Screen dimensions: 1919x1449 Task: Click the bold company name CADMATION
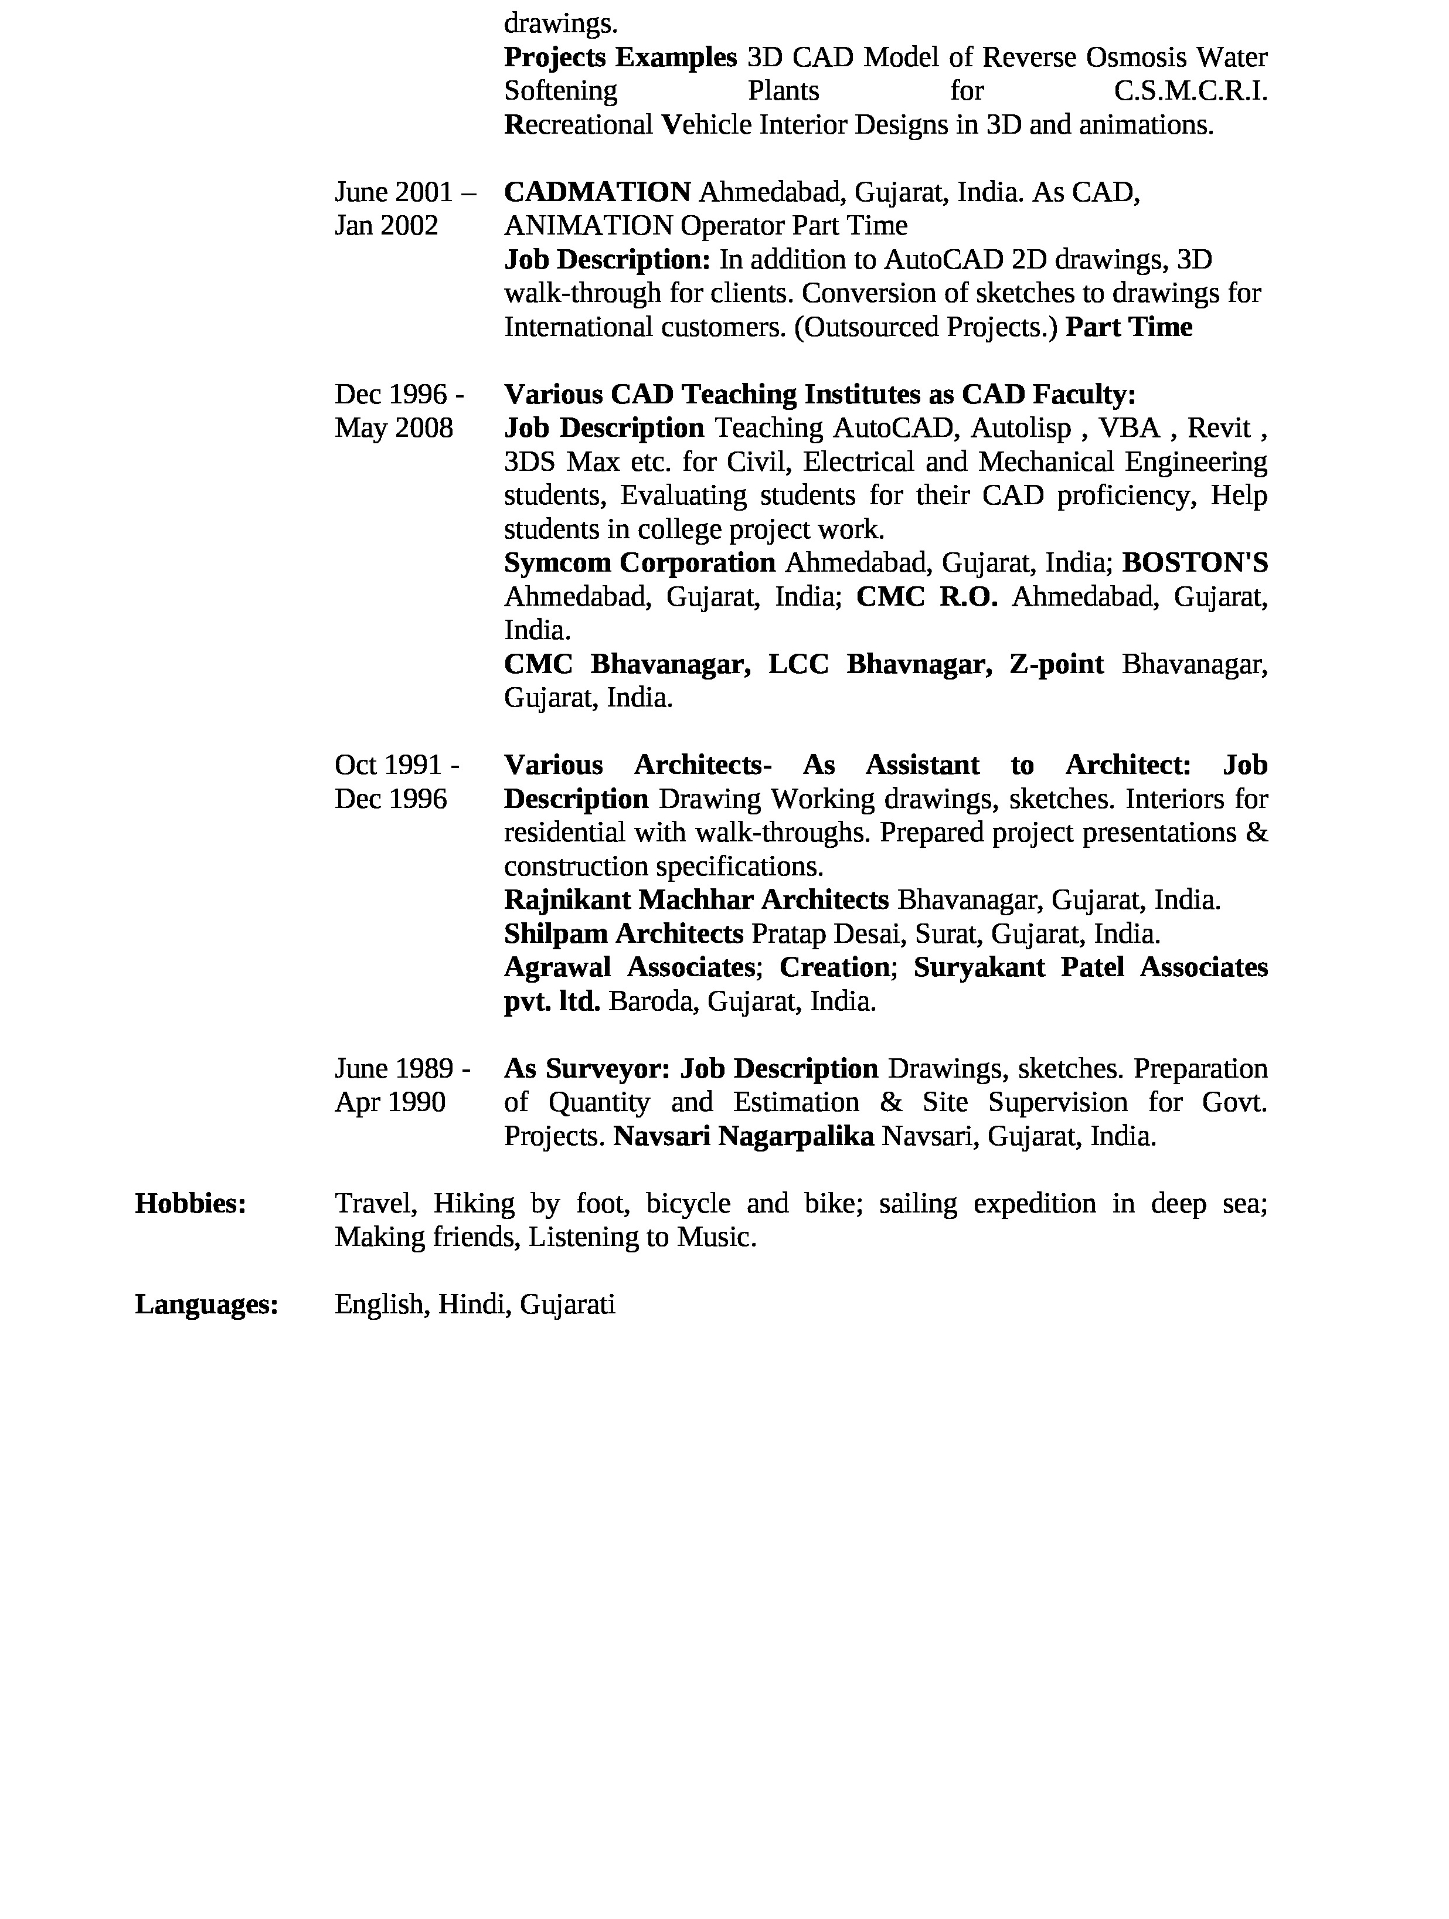point(597,192)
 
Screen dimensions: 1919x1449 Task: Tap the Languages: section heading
point(206,1305)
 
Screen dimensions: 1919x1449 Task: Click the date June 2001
point(394,192)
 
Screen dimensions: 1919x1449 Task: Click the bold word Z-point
point(1056,664)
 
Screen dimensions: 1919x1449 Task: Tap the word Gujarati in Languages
point(568,1305)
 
